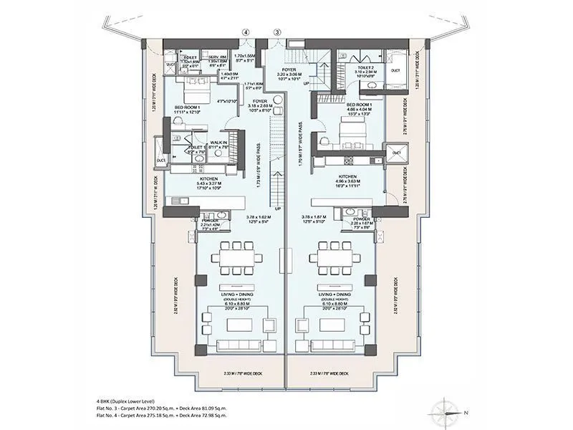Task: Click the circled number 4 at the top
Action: coord(246,32)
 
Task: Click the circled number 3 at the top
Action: coord(278,32)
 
